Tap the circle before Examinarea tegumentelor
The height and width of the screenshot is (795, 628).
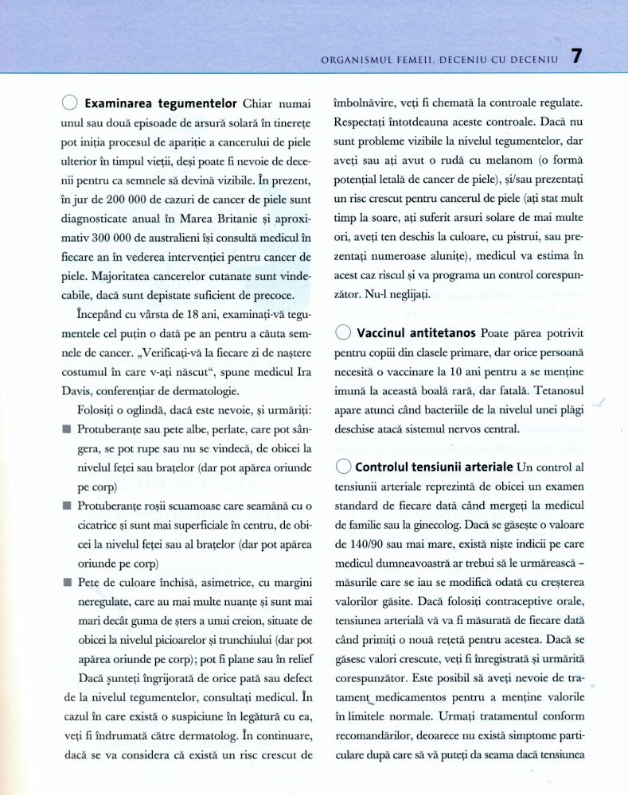tap(69, 103)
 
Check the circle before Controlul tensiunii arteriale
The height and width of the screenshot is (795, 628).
tap(344, 466)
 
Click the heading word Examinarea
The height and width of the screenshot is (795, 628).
tap(119, 103)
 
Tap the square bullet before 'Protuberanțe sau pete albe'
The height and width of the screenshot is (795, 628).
tap(65, 429)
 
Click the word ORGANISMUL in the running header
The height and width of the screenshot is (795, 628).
tap(356, 58)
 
